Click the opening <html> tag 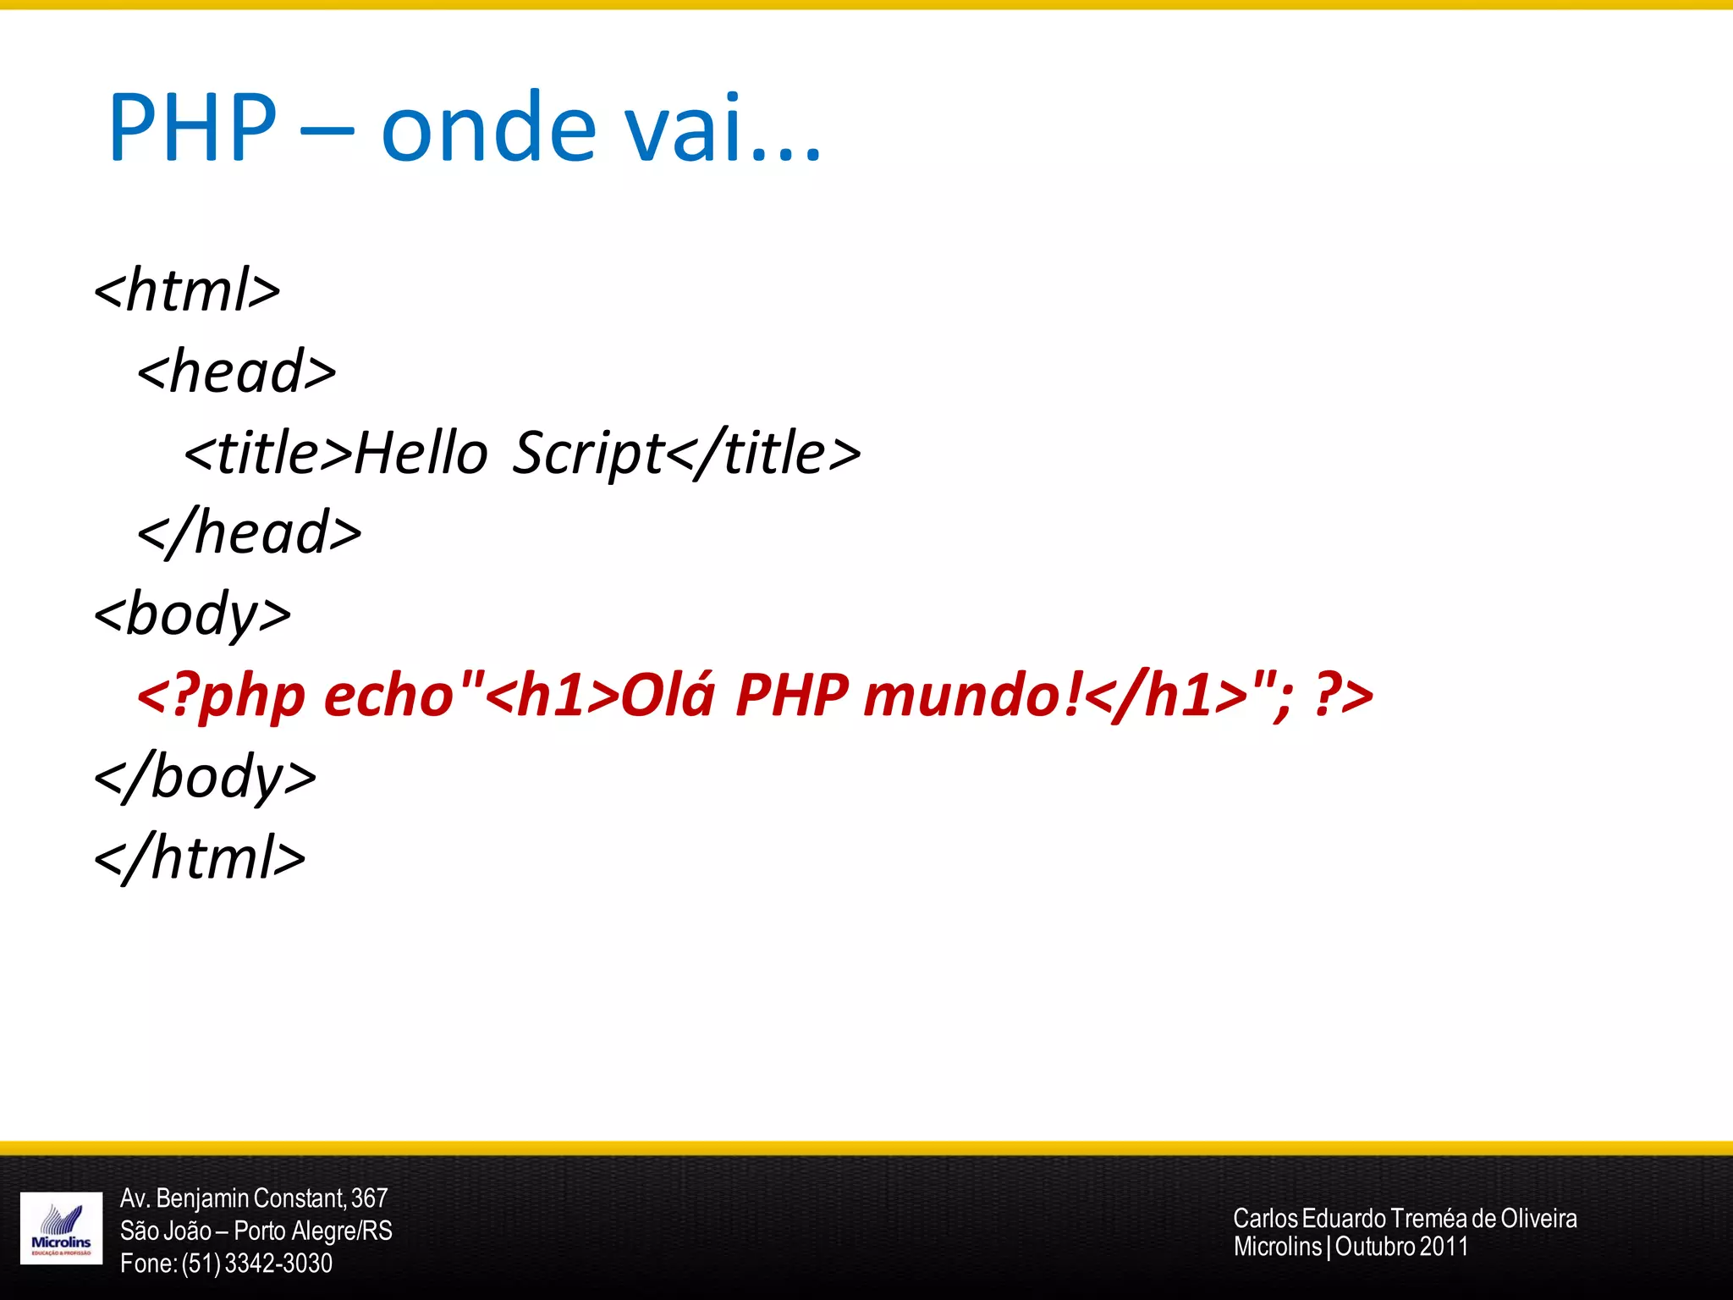coord(187,289)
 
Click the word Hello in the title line coord(421,452)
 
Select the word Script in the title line coord(589,454)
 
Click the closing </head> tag coord(250,533)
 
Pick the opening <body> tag coord(193,614)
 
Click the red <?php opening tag coord(221,696)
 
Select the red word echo coord(389,696)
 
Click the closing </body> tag coord(206,777)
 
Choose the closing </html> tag coord(200,858)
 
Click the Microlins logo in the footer coord(61,1228)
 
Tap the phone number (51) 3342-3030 coord(256,1264)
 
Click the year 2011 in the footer coord(1444,1247)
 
